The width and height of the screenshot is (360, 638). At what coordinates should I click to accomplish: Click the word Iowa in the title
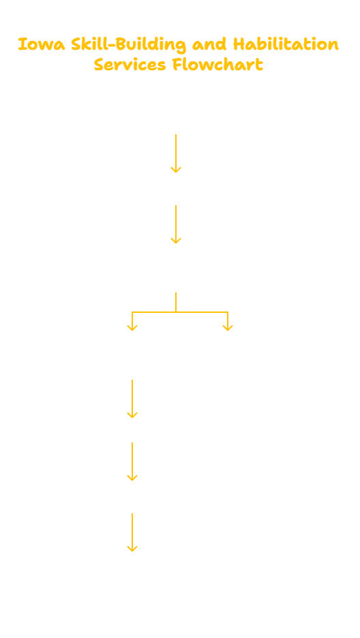click(42, 44)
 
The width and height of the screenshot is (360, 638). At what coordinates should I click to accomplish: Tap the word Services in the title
click(130, 65)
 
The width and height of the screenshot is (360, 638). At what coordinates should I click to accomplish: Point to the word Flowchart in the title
click(217, 65)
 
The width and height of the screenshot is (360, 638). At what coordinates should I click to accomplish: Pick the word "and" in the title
click(211, 44)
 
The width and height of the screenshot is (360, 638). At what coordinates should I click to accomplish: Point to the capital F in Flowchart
click(177, 65)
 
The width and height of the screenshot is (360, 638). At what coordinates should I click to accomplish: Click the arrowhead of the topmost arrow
click(176, 170)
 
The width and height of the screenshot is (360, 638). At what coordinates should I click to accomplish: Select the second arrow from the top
click(176, 224)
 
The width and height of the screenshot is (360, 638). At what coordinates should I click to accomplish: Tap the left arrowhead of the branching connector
click(132, 328)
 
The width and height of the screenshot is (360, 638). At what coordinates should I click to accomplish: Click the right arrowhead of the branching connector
click(228, 328)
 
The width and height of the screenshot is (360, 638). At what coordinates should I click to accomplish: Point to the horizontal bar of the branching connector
click(180, 312)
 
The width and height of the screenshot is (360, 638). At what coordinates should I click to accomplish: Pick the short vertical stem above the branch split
click(176, 302)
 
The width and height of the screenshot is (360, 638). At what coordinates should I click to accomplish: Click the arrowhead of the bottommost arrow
click(132, 549)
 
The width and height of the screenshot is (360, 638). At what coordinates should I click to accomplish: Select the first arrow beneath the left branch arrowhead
click(132, 399)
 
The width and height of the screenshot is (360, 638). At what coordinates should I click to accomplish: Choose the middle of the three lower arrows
click(132, 461)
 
